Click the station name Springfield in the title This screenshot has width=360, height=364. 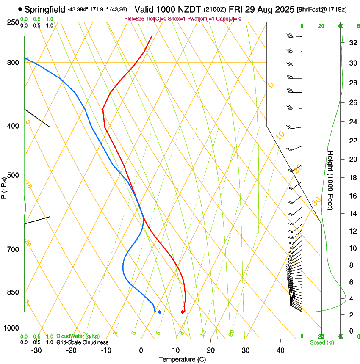pyautogui.click(x=45, y=9)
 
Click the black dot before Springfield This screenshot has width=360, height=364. pyautogui.click(x=20, y=9)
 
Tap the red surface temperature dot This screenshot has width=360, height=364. pyautogui.click(x=183, y=312)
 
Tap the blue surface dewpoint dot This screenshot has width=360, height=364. pyautogui.click(x=160, y=312)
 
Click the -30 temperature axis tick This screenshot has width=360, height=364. pyautogui.click(x=36, y=350)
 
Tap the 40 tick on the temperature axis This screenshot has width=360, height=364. pyautogui.click(x=280, y=350)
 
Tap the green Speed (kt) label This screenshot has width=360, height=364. pyautogui.click(x=321, y=342)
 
